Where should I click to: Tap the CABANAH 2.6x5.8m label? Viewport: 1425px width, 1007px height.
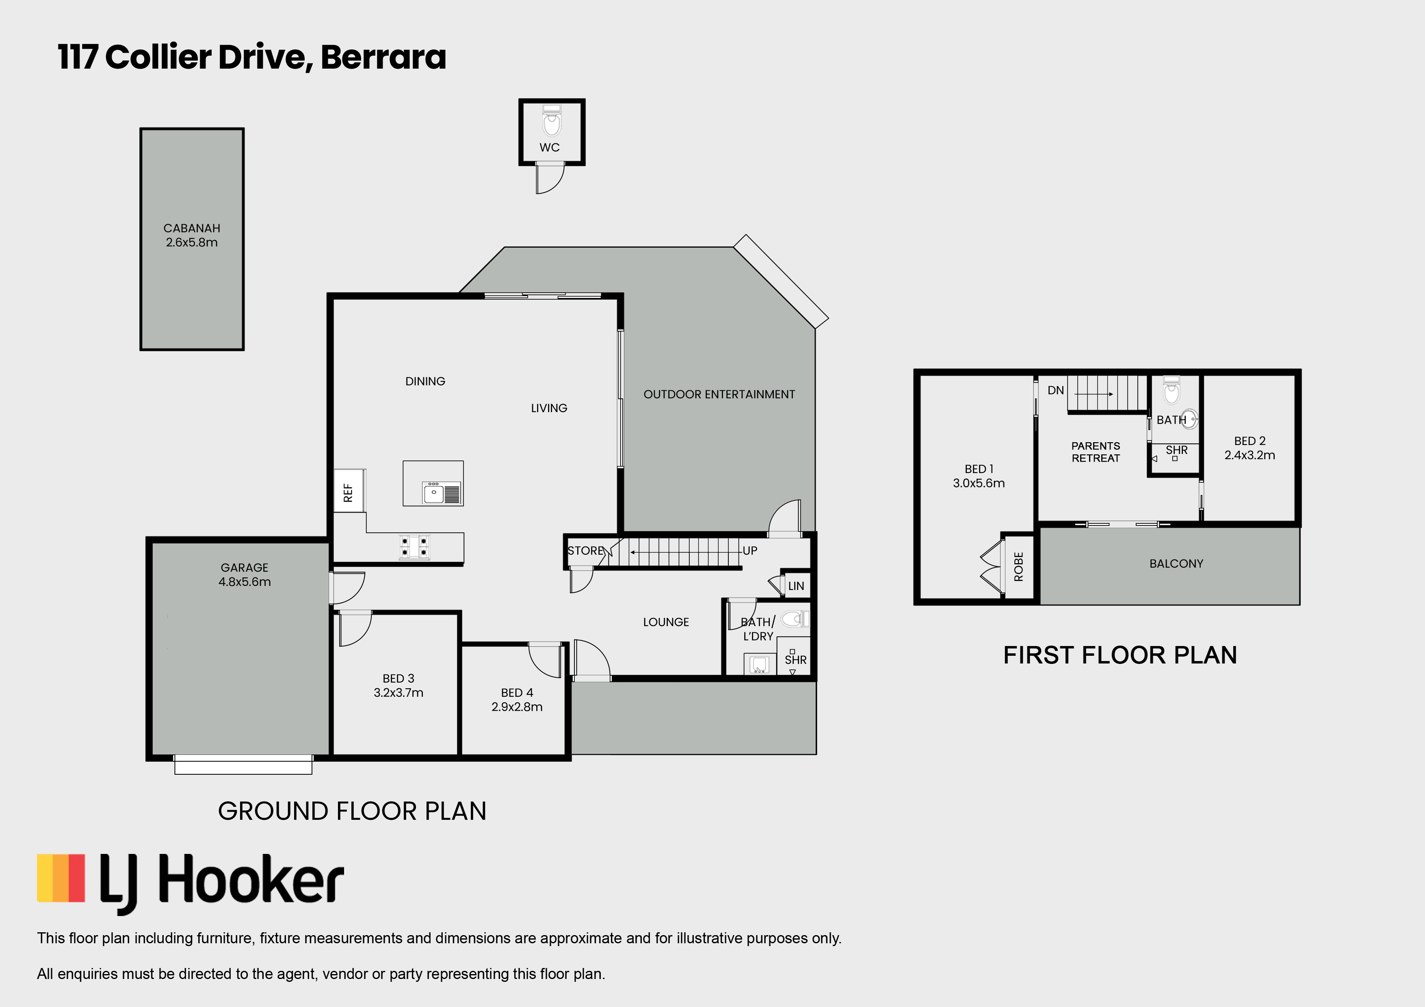coord(192,235)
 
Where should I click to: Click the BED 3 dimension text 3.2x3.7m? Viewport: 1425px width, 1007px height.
coord(398,692)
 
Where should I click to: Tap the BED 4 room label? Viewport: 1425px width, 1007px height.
coord(517,692)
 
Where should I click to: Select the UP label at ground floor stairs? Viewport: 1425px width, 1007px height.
coord(750,550)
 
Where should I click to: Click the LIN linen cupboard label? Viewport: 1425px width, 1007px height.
coord(796,586)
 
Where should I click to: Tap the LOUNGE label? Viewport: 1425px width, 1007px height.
coord(666,622)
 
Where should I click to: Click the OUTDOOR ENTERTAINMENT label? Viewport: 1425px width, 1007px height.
coord(719,394)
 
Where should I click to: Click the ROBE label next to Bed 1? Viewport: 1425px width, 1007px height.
coord(1018,566)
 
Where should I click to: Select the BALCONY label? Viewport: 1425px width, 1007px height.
coord(1176,563)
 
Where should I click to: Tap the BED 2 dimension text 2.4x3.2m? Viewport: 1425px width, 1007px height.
coord(1250,455)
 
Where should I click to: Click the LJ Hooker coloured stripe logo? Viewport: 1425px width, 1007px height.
coord(61,878)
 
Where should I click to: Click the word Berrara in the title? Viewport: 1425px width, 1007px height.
coord(383,57)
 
